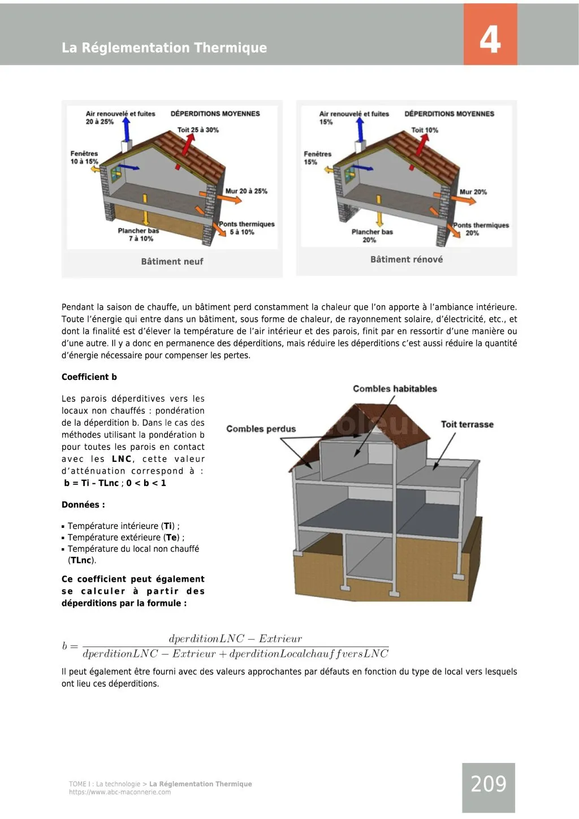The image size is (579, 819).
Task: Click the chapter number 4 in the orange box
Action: pos(490,40)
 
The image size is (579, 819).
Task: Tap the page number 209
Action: pos(489,784)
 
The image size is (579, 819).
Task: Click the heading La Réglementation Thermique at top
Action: pos(164,47)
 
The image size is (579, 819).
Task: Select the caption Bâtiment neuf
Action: pos(172,262)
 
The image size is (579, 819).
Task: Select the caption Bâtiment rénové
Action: pos(407,259)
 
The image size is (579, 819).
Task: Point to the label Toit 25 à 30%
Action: pos(198,130)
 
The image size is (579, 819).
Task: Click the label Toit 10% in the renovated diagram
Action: pos(425,130)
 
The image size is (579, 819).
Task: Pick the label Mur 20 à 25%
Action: pos(246,191)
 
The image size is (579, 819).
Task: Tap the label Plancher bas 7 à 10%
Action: pos(139,235)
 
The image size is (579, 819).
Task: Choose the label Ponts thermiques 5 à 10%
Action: pos(246,228)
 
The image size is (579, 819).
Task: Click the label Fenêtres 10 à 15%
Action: pos(84,158)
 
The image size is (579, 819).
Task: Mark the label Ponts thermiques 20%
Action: pos(481,229)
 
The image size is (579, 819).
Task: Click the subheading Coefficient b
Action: pos(89,377)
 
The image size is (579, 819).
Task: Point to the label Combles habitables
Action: pos(395,389)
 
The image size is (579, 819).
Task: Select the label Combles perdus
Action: pos(261,429)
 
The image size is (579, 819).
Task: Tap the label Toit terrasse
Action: pos(467,424)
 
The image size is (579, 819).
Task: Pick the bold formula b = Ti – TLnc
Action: pos(92,483)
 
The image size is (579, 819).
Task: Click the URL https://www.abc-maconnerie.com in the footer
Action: pos(120,792)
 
